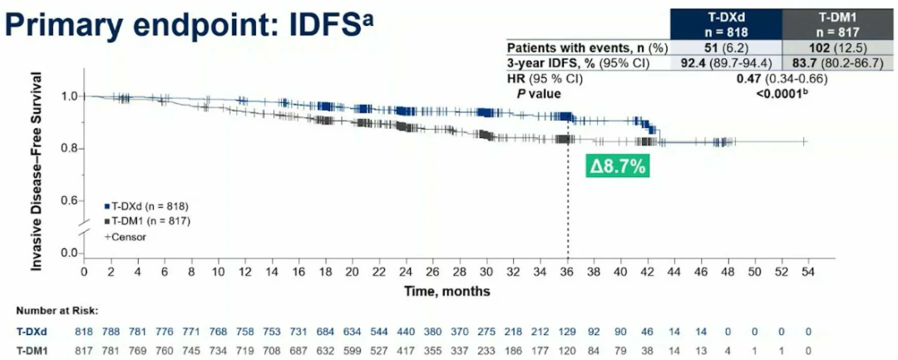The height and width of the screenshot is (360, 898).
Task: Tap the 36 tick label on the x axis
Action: pyautogui.click(x=568, y=271)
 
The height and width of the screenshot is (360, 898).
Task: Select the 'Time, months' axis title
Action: pyautogui.click(x=447, y=291)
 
